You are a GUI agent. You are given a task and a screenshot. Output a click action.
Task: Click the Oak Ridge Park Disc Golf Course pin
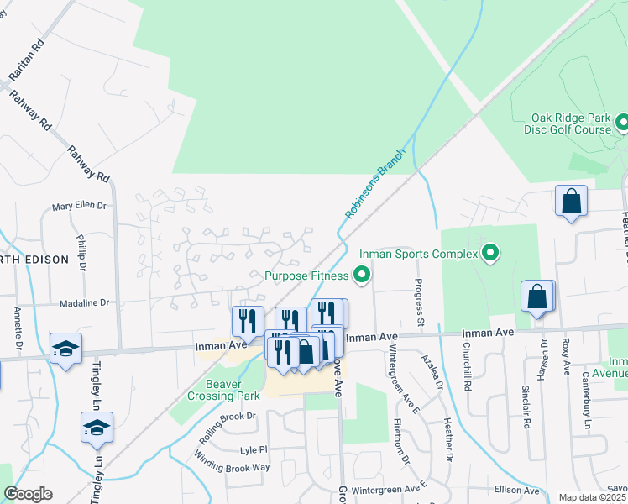(622, 124)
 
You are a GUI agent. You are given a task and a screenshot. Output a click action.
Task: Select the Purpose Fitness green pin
(362, 275)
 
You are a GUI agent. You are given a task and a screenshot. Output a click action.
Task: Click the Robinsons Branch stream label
(375, 185)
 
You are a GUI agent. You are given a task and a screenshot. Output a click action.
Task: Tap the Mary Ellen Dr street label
(81, 206)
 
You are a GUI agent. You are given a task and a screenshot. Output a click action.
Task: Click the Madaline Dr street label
(85, 302)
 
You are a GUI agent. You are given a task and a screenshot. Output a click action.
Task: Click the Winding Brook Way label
(233, 466)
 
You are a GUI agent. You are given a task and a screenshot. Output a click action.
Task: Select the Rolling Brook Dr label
(227, 428)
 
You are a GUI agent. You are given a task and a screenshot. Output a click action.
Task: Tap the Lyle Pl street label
(253, 449)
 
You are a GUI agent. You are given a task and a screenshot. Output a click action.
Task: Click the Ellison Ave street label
(515, 489)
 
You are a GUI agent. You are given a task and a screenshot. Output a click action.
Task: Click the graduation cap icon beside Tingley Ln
(97, 428)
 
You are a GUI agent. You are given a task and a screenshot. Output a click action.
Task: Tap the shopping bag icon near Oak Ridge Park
(571, 202)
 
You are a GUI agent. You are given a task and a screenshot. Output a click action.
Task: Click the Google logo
(28, 494)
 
